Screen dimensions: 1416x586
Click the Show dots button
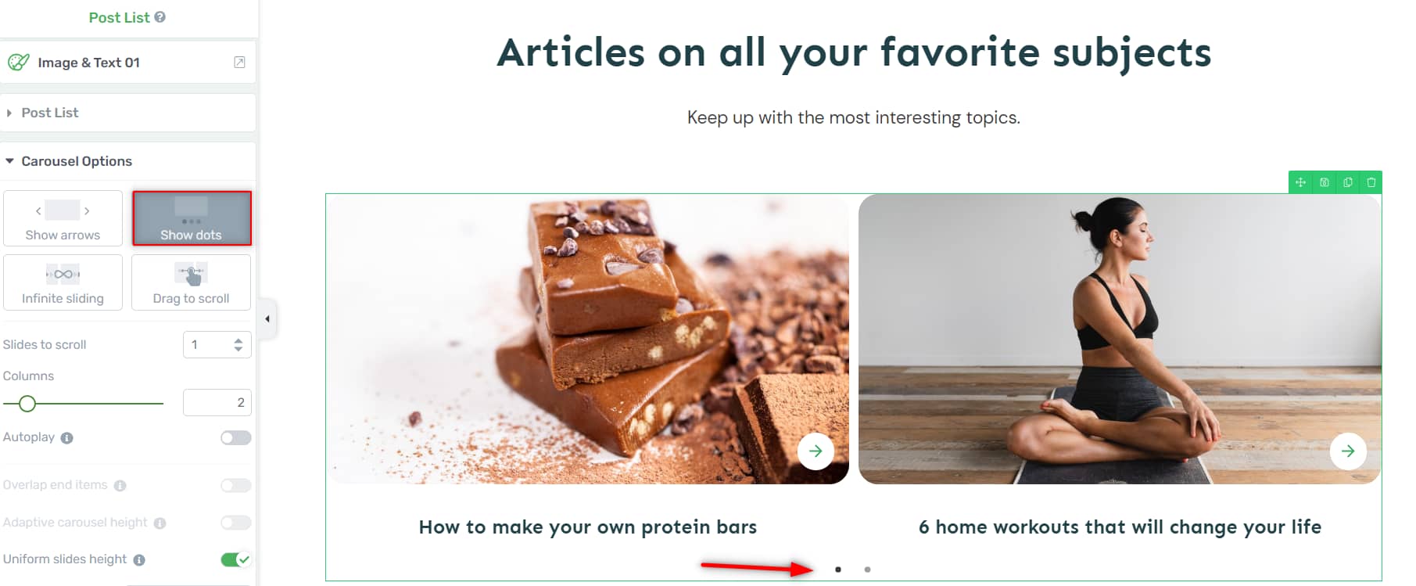point(192,218)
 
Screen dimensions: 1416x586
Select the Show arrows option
point(63,218)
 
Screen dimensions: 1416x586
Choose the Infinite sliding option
point(63,282)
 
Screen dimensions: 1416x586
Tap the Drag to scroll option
point(192,282)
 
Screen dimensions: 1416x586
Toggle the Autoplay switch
point(235,437)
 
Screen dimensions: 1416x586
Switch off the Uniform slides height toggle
point(235,559)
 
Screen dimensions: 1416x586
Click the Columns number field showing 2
point(217,402)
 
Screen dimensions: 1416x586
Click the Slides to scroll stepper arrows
point(238,344)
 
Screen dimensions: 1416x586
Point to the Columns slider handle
point(27,404)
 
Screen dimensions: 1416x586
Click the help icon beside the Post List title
point(160,16)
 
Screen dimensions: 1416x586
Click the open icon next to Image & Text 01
point(239,63)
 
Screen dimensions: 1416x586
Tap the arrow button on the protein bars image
point(816,451)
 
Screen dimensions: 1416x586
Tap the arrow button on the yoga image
point(1348,451)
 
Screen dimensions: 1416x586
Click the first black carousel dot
point(838,570)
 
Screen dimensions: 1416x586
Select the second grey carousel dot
point(867,570)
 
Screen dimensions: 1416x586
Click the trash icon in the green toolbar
point(1371,182)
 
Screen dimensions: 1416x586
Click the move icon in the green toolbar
point(1300,182)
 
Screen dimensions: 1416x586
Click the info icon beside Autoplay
point(67,438)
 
